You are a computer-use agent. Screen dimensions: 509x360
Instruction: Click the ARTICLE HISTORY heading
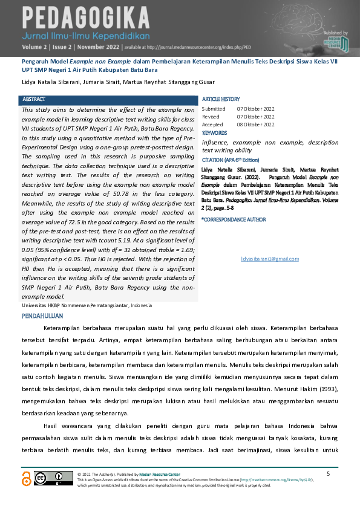(221, 99)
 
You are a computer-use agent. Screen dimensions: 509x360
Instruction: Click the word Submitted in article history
(213, 109)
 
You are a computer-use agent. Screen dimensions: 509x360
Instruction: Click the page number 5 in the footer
(328, 473)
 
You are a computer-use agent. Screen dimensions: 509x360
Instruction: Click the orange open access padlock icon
(25, 478)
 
